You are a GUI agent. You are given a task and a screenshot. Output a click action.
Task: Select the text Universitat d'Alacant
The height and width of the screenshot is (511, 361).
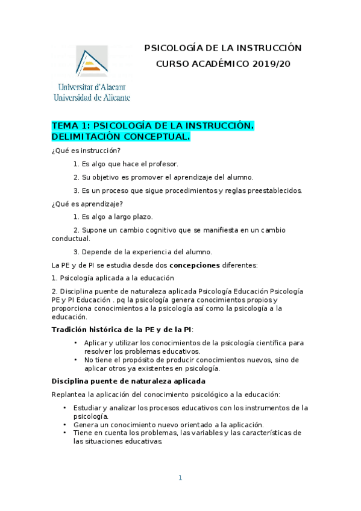point(91,86)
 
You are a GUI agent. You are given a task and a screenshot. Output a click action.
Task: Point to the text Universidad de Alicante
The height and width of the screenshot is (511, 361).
point(92,97)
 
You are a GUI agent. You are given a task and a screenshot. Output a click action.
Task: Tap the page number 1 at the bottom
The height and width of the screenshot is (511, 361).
point(180,478)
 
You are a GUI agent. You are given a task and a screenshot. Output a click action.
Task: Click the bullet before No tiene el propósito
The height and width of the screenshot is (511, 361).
point(75,360)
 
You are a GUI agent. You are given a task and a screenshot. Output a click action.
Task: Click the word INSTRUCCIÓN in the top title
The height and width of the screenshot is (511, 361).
point(266,48)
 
